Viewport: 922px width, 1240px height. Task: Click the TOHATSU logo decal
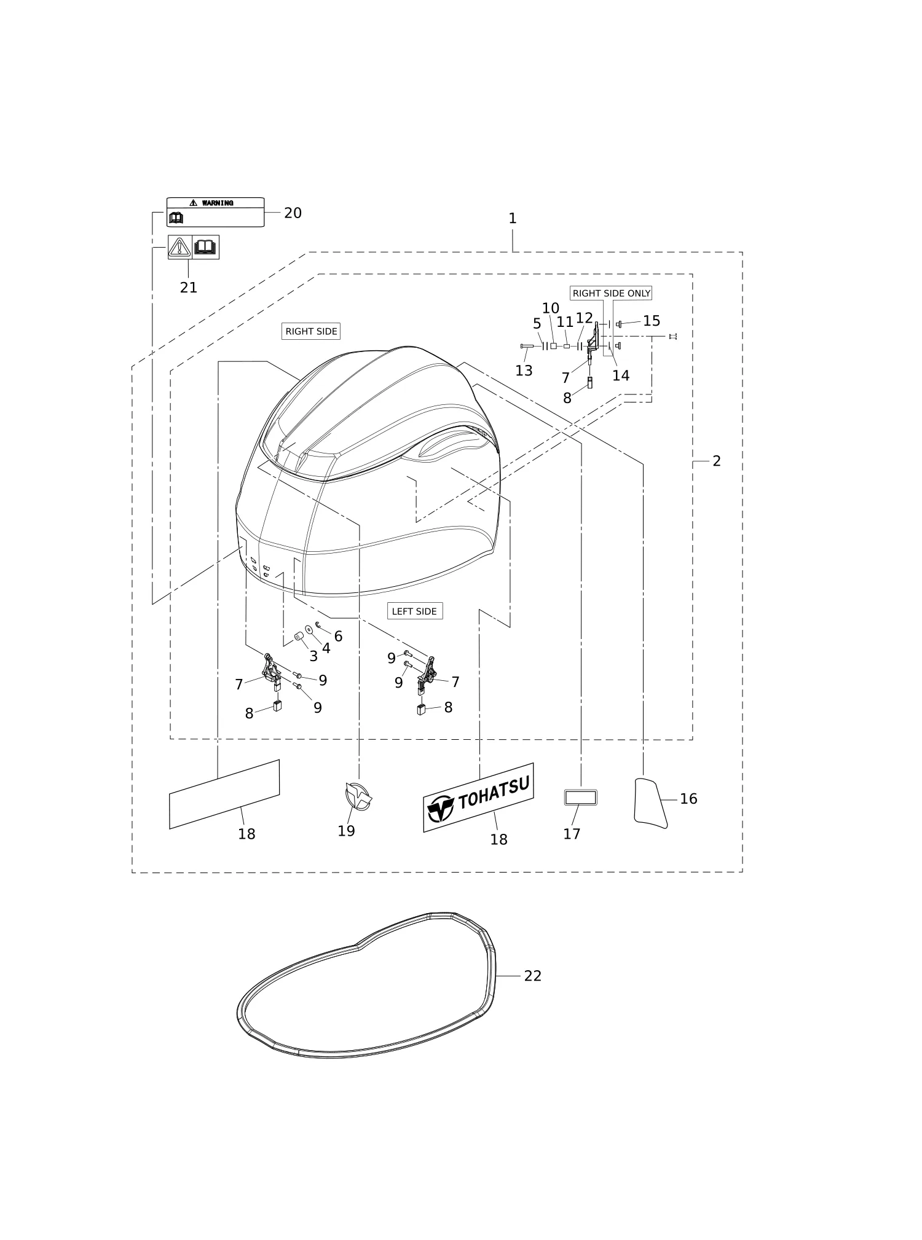point(478,797)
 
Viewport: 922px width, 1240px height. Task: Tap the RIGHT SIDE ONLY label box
point(611,293)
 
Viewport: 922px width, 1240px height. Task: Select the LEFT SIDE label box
point(415,611)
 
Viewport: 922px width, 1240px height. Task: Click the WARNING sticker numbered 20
point(216,212)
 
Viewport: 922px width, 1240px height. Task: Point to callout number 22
point(533,976)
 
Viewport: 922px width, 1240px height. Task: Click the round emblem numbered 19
point(359,797)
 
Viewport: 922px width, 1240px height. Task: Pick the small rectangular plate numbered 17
point(581,798)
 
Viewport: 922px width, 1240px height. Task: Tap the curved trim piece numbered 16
point(650,803)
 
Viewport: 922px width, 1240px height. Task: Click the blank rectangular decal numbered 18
point(224,794)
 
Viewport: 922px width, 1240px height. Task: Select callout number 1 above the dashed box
point(513,218)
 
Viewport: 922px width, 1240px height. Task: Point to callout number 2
point(717,461)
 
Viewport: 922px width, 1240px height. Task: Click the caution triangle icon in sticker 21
point(179,247)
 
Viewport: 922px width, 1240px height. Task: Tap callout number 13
point(524,371)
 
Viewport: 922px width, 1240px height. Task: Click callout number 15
point(652,321)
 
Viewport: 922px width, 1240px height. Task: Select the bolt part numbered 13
point(527,347)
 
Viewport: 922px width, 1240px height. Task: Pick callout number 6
point(338,636)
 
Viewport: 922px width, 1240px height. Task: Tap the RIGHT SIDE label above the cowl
point(311,331)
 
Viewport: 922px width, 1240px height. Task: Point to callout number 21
point(189,288)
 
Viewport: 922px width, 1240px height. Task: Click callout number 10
point(551,308)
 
